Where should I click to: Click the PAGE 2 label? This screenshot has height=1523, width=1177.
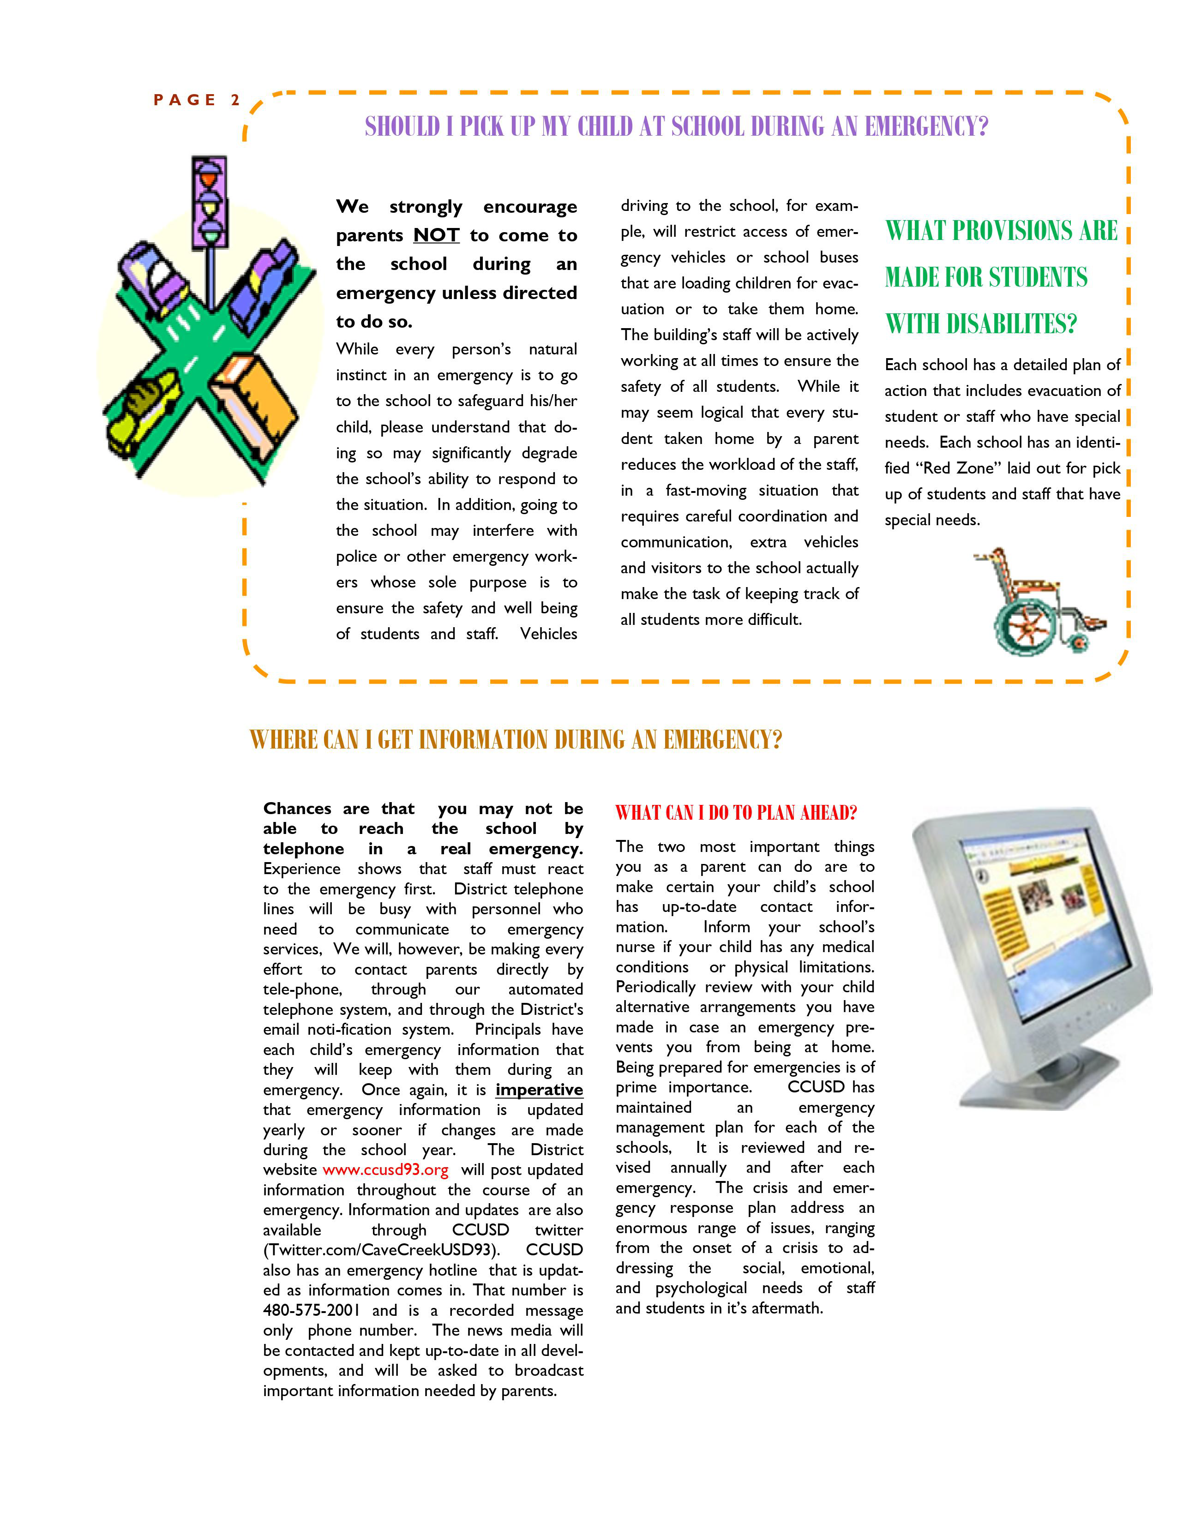(x=197, y=100)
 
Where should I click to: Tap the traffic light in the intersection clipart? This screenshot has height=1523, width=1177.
(x=209, y=202)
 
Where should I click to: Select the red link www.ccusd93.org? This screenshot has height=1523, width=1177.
(x=385, y=1169)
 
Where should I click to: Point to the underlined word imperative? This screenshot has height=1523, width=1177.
(x=539, y=1089)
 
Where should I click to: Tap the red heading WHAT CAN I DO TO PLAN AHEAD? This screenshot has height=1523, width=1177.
(x=736, y=812)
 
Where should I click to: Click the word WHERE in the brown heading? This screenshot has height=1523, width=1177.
(x=277, y=739)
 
